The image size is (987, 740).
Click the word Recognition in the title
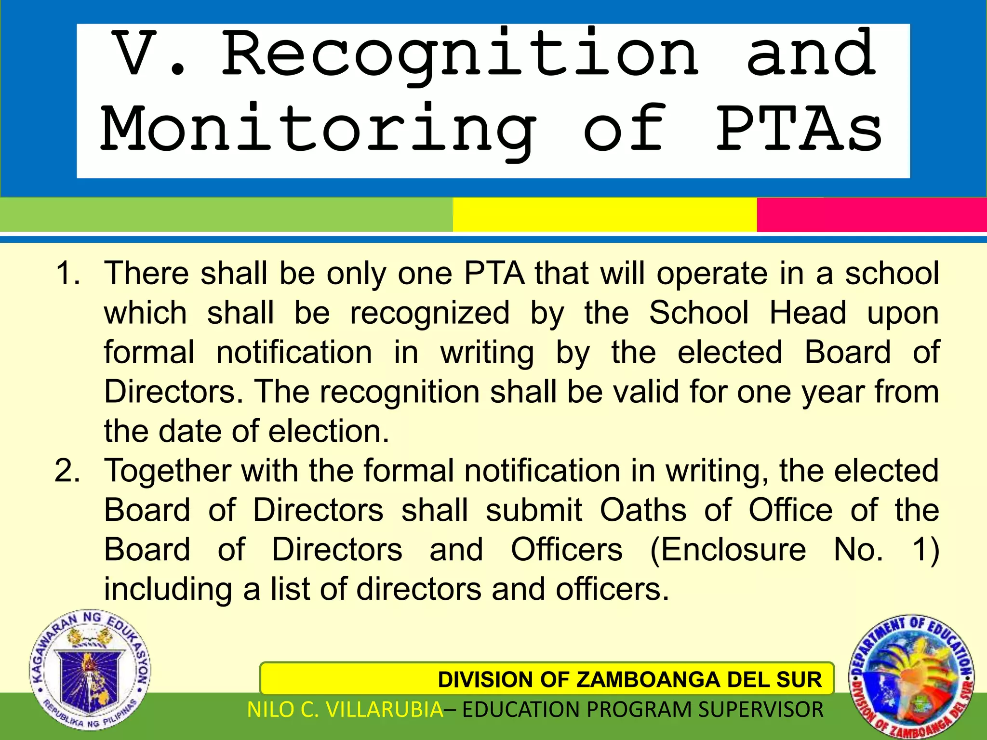[460, 55]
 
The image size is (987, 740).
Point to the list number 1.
[67, 273]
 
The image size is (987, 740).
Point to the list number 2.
[67, 471]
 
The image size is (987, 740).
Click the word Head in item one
[808, 313]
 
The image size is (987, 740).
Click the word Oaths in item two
[643, 510]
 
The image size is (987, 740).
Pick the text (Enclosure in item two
[728, 550]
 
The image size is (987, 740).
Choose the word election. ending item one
[329, 431]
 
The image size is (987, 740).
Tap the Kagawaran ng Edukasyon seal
[90, 670]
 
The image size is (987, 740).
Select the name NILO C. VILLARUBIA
[345, 710]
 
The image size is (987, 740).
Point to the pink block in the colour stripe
[871, 215]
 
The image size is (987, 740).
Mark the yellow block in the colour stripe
[605, 215]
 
